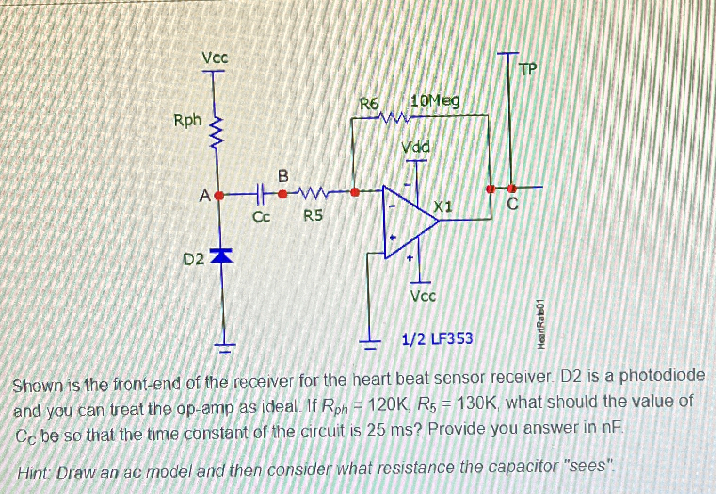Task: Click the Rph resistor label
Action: pyautogui.click(x=187, y=121)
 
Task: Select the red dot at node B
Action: pyautogui.click(x=282, y=193)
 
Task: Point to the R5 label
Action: pyautogui.click(x=313, y=216)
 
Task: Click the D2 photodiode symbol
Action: pyautogui.click(x=222, y=256)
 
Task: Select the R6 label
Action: pyautogui.click(x=369, y=104)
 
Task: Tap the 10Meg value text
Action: pyautogui.click(x=435, y=101)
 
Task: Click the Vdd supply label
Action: pyautogui.click(x=415, y=148)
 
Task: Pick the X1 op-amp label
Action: pyautogui.click(x=442, y=206)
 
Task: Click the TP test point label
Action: pyautogui.click(x=528, y=70)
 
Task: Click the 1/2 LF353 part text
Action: pyautogui.click(x=437, y=339)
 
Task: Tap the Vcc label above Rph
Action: pyautogui.click(x=215, y=58)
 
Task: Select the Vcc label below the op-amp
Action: pyautogui.click(x=423, y=296)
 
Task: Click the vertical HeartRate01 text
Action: pyautogui.click(x=541, y=325)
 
